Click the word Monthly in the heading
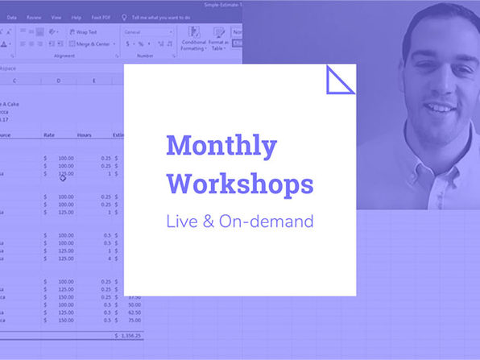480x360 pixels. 221,147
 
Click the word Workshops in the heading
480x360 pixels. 239,184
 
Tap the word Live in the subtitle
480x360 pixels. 180,221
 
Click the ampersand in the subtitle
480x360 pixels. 208,221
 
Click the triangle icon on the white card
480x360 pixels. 340,80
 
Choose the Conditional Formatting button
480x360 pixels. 194,43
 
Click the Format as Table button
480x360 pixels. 217,43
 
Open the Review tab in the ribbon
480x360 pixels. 34,16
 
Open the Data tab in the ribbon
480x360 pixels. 11,16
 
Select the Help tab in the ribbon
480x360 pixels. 76,16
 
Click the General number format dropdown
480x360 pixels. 148,32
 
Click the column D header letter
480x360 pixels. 58,80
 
